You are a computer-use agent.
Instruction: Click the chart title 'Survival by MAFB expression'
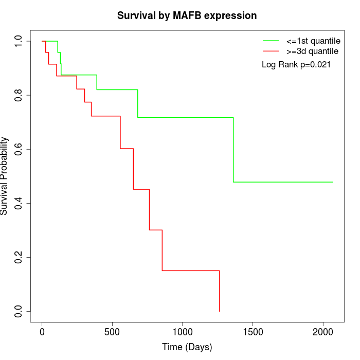pos(187,15)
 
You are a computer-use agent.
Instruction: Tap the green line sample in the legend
pos(271,40)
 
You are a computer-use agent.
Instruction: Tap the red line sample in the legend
pos(271,51)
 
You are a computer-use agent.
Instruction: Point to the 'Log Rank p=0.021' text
pos(296,65)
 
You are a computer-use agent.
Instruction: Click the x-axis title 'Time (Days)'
pos(187,347)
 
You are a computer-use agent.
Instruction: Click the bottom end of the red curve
pos(220,311)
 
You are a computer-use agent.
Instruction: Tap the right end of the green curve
pos(333,182)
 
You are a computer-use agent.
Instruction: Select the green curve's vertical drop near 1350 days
pos(233,150)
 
